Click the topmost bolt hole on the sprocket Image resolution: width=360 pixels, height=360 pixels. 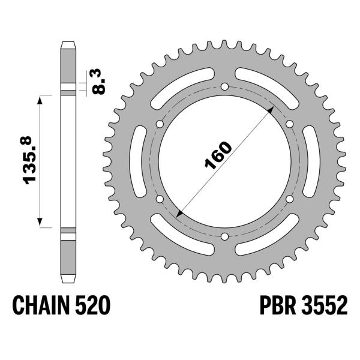point(224,87)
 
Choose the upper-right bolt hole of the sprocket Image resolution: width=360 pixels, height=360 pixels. point(289,124)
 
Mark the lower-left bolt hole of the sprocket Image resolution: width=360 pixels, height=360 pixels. point(160,199)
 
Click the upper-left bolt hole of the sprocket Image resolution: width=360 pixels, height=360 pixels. point(160,124)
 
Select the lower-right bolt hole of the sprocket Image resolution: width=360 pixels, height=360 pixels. point(289,199)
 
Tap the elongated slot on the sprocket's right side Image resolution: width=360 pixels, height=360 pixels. point(313,162)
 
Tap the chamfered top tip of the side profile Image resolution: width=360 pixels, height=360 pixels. point(67,44)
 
